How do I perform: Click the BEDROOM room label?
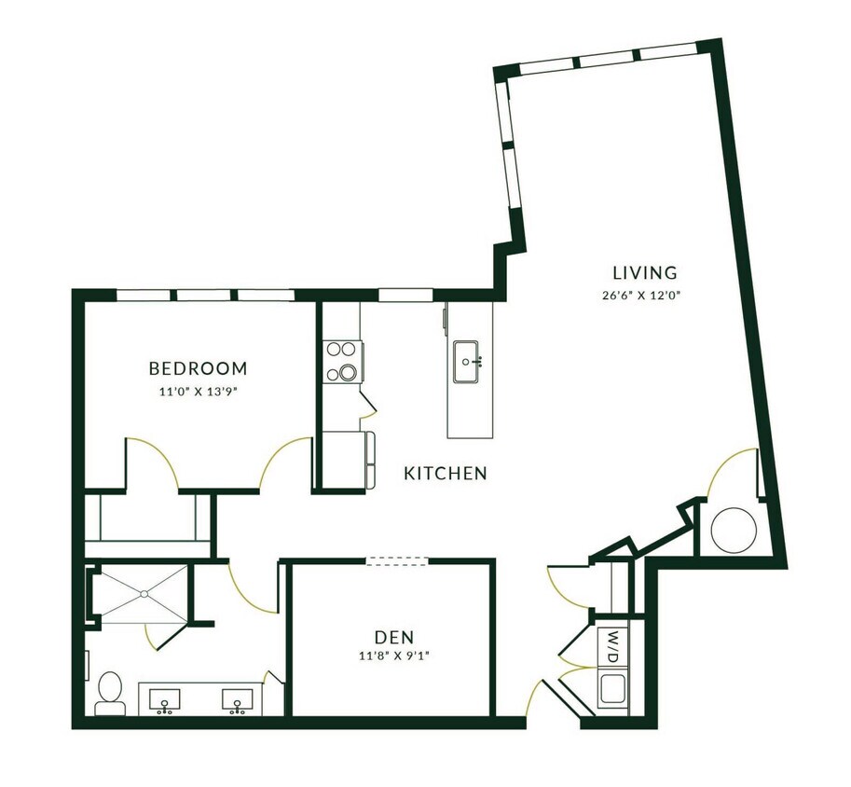point(198,367)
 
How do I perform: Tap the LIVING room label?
point(644,273)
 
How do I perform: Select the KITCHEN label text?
point(445,474)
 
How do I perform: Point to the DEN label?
point(393,637)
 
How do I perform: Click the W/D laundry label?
point(612,646)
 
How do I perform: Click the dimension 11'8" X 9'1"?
point(393,656)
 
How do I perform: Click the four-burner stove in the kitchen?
point(343,362)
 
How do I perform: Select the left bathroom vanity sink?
point(166,699)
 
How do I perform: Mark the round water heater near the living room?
point(734,530)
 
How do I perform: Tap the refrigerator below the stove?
point(347,460)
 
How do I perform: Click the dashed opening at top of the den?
point(397,561)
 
